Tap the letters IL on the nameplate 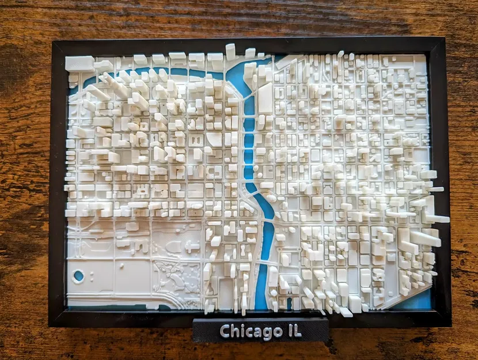point(292,331)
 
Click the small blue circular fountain point(78,276)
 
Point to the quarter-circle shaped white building point(214,139)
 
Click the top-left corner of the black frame point(52,41)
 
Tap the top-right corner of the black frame point(444,40)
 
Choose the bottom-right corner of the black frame point(449,323)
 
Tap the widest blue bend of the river point(238,75)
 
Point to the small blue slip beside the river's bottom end point(289,302)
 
